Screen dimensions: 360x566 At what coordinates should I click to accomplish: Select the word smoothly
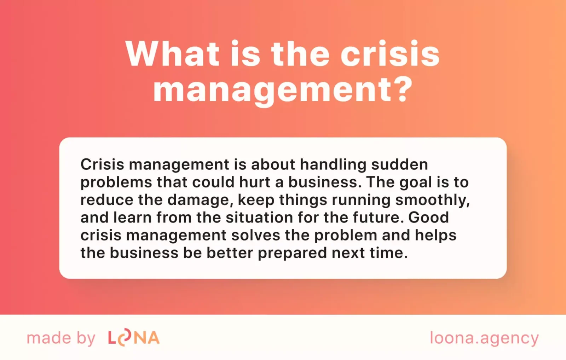pos(432,201)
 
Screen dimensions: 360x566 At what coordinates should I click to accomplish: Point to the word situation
pos(259,217)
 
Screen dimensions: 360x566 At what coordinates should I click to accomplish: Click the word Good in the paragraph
pos(428,217)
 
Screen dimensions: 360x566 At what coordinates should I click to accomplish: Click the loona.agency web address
pos(484,338)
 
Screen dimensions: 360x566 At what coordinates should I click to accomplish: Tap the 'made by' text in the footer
pos(61,338)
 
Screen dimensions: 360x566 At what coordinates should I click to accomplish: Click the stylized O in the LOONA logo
pos(124,338)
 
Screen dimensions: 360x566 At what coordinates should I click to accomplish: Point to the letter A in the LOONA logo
pos(154,338)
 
